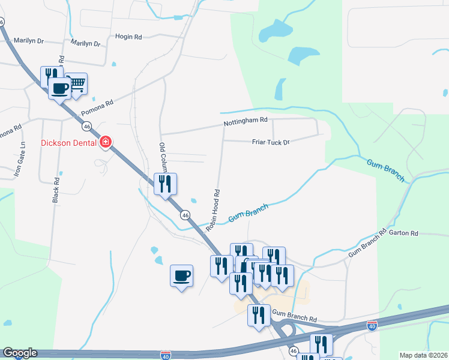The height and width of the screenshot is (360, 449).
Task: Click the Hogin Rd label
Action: (130, 37)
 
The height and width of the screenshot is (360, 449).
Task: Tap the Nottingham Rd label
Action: (245, 121)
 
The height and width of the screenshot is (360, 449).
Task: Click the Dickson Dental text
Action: (68, 143)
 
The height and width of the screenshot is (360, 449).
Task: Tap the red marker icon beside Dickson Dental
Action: (106, 142)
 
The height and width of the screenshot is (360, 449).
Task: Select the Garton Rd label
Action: (402, 233)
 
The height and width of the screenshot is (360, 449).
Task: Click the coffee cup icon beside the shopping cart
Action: (59, 89)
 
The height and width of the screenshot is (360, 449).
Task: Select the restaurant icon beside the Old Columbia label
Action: (165, 183)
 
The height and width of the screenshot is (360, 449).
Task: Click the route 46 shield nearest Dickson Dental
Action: (88, 127)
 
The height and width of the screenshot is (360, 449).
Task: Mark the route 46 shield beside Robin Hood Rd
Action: (185, 214)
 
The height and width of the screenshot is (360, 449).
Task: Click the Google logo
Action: (19, 353)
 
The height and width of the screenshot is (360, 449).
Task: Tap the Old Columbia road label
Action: (162, 157)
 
